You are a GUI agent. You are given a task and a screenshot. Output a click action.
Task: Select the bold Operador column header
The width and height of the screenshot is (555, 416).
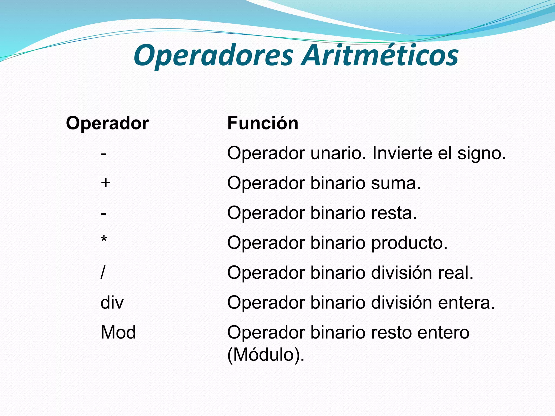click(107, 123)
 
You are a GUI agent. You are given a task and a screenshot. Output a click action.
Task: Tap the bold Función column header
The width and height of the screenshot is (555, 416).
click(263, 123)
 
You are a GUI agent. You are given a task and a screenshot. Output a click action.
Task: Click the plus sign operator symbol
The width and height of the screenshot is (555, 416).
click(105, 183)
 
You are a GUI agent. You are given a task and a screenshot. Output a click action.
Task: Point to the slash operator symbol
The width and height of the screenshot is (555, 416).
click(102, 272)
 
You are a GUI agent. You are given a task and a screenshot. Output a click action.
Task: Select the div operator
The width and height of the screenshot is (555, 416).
click(112, 303)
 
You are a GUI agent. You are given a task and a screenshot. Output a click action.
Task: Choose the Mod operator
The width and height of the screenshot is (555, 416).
click(118, 332)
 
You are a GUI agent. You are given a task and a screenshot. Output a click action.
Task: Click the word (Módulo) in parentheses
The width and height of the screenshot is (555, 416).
click(266, 355)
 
